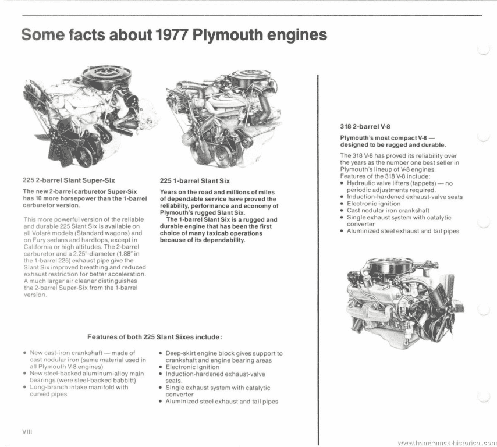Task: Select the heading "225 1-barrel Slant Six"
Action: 194,181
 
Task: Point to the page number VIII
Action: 27,432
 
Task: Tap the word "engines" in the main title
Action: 299,36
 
